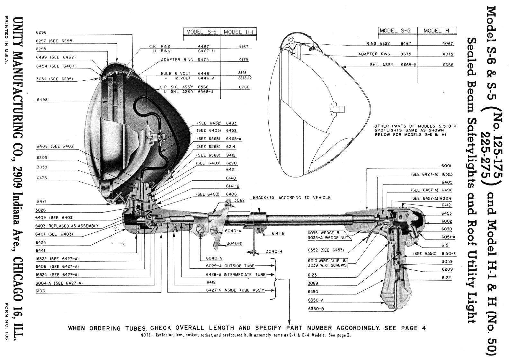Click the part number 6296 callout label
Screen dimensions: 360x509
point(41,32)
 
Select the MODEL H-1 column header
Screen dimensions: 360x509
point(237,32)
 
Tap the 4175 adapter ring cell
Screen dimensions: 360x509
point(244,60)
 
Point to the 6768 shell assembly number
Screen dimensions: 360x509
point(244,87)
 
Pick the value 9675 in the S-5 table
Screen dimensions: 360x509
point(406,54)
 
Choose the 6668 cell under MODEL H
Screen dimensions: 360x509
point(448,65)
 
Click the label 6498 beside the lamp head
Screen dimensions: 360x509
point(42,100)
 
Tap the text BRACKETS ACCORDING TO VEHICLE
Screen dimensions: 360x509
point(291,198)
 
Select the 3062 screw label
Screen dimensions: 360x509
point(239,200)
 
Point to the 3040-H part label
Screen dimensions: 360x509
point(274,251)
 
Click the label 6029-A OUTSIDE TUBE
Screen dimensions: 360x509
point(230,266)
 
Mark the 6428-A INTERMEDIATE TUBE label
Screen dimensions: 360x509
point(236,275)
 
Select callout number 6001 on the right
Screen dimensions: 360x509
point(446,166)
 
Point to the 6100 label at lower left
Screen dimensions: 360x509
point(41,291)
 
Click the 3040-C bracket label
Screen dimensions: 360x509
point(234,244)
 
